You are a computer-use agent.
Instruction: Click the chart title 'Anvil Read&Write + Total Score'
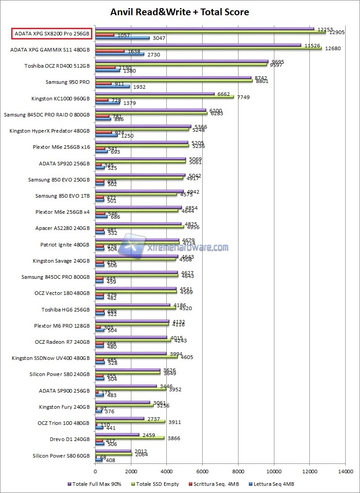[179, 12]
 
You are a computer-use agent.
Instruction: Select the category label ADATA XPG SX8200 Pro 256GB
[52, 33]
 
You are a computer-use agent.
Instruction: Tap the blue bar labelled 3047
[122, 38]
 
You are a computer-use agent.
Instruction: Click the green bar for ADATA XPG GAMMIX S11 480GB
[208, 48]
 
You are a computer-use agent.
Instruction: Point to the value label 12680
[331, 49]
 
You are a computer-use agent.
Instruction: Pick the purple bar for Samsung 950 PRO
[173, 78]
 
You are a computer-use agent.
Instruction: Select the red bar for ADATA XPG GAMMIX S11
[110, 51]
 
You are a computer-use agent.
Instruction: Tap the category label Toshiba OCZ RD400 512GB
[57, 66]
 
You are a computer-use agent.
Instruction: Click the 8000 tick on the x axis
[238, 471]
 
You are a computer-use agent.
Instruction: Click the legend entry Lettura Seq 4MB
[274, 484]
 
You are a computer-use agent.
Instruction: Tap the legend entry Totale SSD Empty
[157, 484]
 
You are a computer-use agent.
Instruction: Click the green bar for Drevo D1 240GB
[130, 438]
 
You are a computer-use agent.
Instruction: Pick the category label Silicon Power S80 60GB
[61, 456]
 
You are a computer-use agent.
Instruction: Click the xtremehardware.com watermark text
[187, 247]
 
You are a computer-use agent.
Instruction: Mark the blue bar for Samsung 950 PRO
[113, 86]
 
